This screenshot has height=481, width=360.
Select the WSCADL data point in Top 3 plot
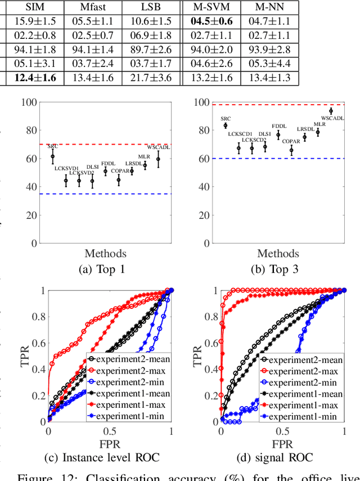(x=331, y=111)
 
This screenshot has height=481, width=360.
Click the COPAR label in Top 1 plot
(x=119, y=170)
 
